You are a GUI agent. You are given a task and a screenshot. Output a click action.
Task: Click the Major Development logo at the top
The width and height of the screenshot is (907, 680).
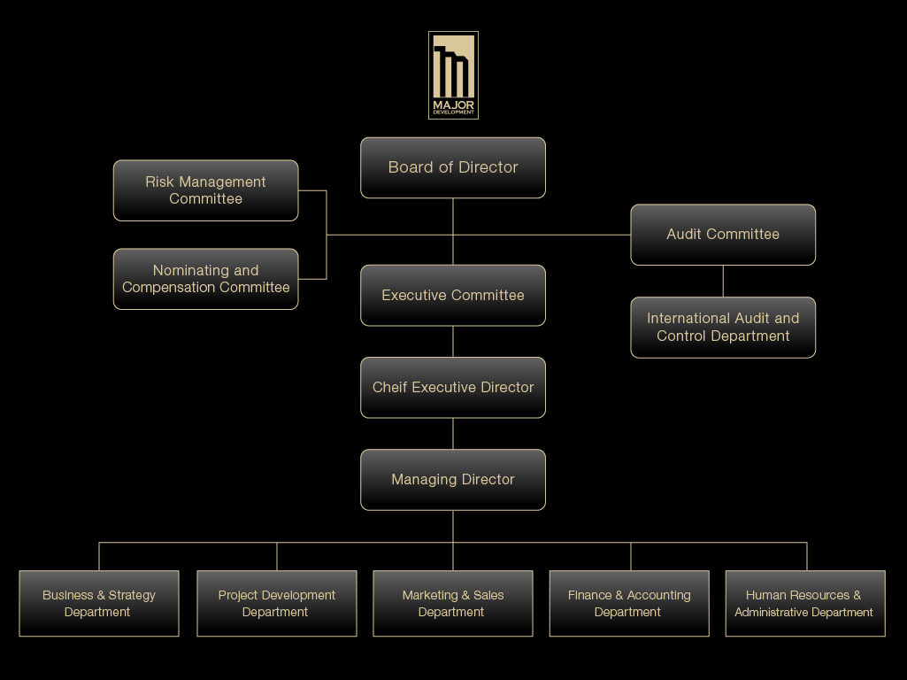[453, 74]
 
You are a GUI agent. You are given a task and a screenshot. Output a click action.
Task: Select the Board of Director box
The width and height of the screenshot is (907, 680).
[453, 167]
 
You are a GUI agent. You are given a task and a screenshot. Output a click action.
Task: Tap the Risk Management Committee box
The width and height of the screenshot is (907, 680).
[205, 190]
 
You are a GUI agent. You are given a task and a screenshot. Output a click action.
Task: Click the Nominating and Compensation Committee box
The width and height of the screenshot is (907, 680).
[205, 279]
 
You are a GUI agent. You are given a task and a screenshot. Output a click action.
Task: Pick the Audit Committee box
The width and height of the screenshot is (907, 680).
[723, 235]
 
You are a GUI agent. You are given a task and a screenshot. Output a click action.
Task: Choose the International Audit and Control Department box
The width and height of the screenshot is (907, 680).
[723, 328]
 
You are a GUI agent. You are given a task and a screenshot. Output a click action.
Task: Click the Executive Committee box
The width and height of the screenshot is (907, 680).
[453, 296]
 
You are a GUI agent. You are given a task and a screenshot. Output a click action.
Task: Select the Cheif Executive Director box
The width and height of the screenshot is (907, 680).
[453, 388]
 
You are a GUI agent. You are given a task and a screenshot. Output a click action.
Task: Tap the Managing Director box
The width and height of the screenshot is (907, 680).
[453, 480]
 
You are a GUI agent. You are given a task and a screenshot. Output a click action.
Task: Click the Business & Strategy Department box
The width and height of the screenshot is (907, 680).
[99, 604]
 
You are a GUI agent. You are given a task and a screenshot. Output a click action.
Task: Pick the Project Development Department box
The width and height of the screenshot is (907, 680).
[277, 604]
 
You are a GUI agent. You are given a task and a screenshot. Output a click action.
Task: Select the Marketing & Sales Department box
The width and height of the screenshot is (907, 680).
[453, 604]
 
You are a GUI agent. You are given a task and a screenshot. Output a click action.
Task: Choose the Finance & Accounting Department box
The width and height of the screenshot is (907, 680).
[629, 604]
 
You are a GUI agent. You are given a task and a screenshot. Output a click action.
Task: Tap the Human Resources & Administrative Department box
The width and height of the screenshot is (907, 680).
[805, 604]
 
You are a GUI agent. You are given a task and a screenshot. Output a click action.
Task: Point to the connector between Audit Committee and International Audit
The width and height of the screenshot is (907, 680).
[723, 282]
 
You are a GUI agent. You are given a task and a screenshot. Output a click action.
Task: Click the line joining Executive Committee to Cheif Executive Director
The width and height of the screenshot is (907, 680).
[453, 342]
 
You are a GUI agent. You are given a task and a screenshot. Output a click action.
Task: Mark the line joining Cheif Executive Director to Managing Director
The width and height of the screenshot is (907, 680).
[453, 434]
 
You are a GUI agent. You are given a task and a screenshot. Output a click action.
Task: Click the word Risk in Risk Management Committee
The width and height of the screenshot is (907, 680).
[160, 182]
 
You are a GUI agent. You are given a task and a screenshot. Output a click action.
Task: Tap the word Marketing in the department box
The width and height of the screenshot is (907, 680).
[430, 595]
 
